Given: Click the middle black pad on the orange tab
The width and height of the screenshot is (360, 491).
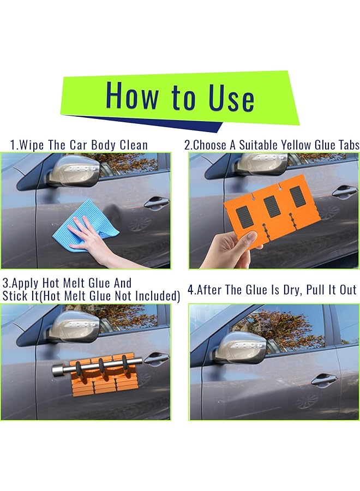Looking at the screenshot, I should point(272,206).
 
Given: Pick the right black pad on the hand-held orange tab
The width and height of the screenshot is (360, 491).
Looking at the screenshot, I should point(297,196).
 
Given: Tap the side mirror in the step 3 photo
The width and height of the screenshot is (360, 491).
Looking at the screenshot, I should point(74,327).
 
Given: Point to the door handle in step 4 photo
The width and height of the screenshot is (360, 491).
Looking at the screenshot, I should point(324,379).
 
